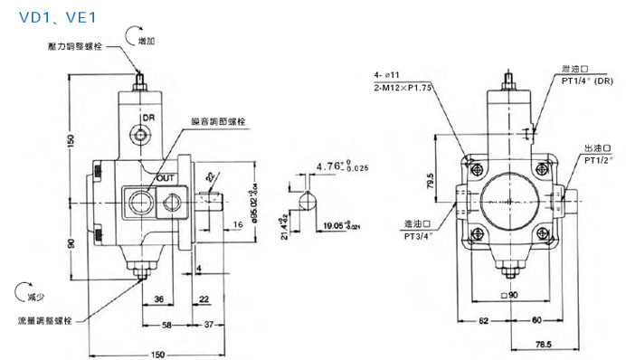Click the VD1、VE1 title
pos(43,17)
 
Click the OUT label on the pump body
pos(165,177)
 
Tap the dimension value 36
pos(158,299)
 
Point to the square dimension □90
pos(511,296)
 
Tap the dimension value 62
pos(483,319)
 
